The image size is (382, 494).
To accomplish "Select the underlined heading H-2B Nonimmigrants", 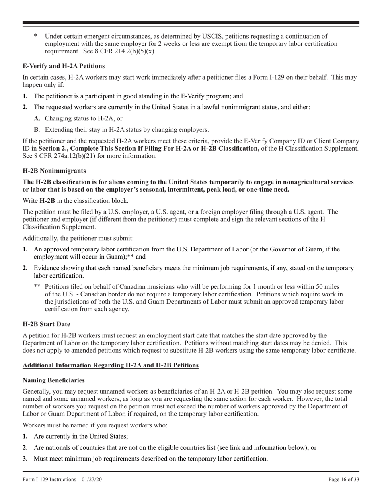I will pyautogui.click(x=54, y=171).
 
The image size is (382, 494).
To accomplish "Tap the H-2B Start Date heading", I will pyautogui.click(x=46, y=324).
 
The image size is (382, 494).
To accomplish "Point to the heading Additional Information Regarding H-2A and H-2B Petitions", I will pyautogui.click(x=111, y=365).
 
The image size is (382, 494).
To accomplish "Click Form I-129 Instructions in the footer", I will pyautogui.click(x=49, y=479).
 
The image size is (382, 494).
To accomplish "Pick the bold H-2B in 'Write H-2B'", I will pyautogui.click(x=47, y=200).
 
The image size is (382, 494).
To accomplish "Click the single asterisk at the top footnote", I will pyautogui.click(x=35, y=36).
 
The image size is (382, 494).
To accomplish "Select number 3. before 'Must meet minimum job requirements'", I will pyautogui.click(x=25, y=459).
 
